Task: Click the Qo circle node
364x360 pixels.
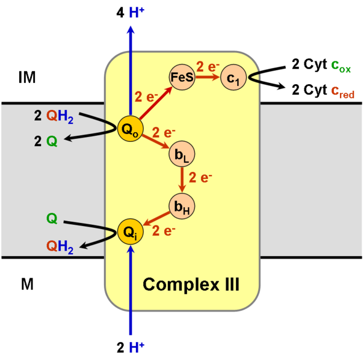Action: point(131,128)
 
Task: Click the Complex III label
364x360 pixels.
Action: point(191,284)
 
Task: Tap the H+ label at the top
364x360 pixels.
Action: point(137,12)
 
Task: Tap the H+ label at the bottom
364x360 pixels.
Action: point(137,347)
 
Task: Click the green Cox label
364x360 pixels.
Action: point(341,66)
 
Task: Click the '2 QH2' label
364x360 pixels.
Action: point(54,118)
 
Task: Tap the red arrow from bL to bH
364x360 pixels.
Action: point(182,180)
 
